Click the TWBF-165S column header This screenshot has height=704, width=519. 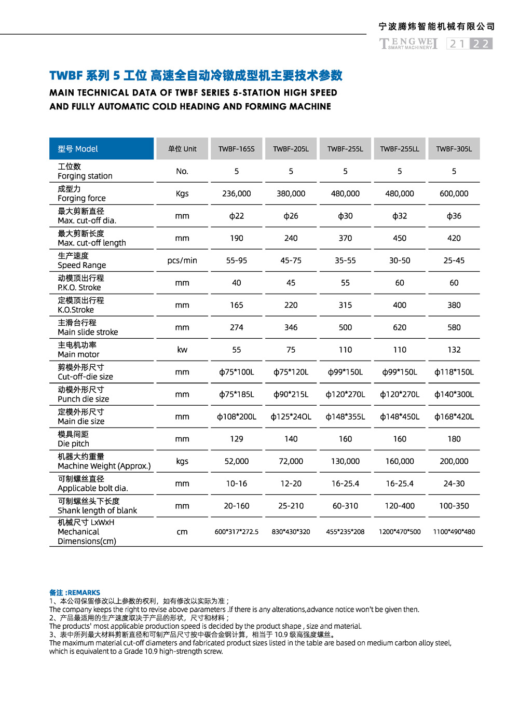pos(237,149)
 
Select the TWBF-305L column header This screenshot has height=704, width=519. pos(454,149)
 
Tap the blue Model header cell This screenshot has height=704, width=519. pos(102,149)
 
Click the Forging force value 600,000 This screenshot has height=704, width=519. pos(454,194)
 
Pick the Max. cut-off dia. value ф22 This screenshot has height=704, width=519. pos(237,216)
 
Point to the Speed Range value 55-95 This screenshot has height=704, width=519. pos(237,260)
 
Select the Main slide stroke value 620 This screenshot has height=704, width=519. pos(400,327)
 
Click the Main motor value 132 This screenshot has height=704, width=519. pos(454,350)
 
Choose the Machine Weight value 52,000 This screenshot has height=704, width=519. pos(237,461)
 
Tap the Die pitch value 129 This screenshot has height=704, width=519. pos(237,439)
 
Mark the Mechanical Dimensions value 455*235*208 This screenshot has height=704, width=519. pos(345,532)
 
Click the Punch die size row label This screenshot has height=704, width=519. pos(83,394)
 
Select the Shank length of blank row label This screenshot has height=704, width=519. pos(97,506)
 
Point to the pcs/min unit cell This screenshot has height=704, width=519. pos(182,260)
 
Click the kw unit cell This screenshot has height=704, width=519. pos(182,350)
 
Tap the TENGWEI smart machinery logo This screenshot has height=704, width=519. pos(408,44)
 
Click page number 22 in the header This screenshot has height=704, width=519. pos(481,44)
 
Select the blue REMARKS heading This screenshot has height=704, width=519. pos(75,592)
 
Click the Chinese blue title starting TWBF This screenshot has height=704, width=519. pos(196,76)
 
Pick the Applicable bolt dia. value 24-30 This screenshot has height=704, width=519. pos(454,484)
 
